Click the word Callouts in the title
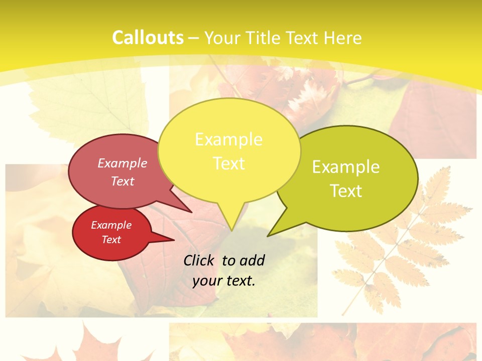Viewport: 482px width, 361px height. click(148, 38)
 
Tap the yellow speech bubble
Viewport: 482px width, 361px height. click(229, 150)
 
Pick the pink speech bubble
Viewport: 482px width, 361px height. click(118, 170)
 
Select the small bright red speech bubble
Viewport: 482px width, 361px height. click(111, 233)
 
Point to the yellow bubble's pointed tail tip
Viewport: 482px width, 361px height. click(232, 230)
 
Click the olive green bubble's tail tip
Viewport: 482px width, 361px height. click(268, 236)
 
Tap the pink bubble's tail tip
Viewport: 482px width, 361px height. click(191, 212)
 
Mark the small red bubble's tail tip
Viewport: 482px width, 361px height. click(174, 240)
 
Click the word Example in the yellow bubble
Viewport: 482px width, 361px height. click(228, 139)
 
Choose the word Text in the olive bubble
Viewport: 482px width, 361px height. click(346, 191)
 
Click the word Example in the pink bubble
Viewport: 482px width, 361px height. click(123, 163)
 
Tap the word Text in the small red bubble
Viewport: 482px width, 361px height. click(111, 240)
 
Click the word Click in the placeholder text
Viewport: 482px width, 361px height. click(199, 260)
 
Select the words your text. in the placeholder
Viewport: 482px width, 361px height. click(224, 281)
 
